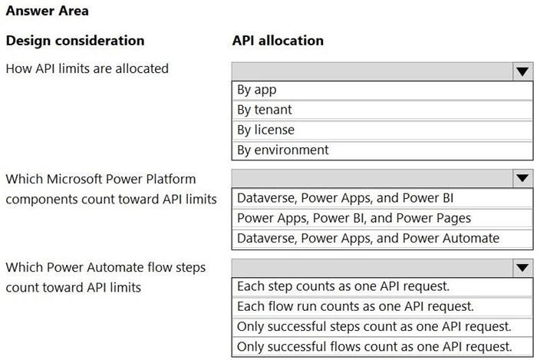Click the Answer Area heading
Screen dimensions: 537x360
click(48, 11)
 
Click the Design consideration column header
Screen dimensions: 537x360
click(75, 41)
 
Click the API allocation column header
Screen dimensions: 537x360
click(278, 41)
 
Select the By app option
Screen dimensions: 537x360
click(257, 90)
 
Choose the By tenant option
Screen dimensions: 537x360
click(265, 110)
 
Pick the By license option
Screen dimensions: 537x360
click(265, 130)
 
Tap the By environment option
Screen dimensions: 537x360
click(283, 150)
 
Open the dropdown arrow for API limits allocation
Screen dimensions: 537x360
click(522, 71)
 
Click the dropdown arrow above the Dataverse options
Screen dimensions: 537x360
click(522, 178)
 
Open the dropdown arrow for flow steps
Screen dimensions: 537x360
click(522, 268)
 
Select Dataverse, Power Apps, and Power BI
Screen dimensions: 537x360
click(345, 198)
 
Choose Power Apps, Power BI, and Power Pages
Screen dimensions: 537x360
click(354, 218)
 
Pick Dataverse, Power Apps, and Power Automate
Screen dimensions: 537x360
click(368, 238)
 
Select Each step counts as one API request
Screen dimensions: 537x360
click(343, 286)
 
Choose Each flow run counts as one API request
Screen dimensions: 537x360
click(355, 306)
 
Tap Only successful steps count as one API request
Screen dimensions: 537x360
click(374, 326)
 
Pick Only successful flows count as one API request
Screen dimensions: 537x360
click(374, 347)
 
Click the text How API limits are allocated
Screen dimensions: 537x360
click(87, 68)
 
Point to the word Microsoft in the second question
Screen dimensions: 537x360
click(74, 179)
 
